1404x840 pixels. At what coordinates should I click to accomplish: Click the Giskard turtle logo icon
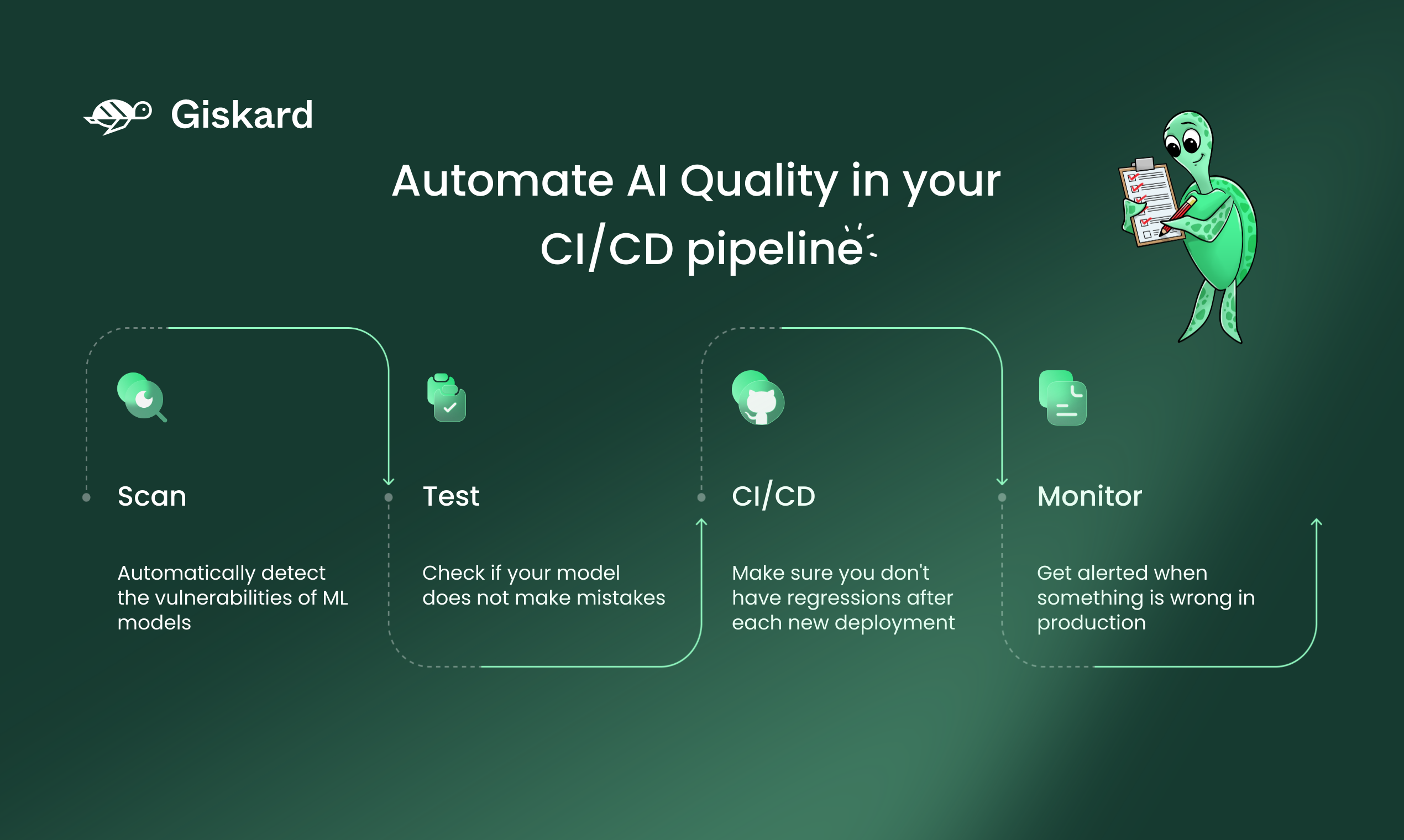(118, 117)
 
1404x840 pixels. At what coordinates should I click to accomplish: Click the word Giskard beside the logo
(242, 115)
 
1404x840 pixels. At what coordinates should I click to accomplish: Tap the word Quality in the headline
(759, 183)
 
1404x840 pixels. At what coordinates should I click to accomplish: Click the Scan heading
(151, 496)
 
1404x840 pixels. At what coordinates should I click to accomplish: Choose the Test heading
(451, 496)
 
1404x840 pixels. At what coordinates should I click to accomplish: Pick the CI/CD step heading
(773, 496)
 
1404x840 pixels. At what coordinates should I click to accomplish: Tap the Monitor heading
(1089, 496)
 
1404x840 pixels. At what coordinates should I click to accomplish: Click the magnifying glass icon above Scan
(142, 397)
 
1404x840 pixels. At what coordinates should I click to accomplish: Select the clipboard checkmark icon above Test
(447, 397)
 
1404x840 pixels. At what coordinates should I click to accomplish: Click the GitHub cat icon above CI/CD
(758, 398)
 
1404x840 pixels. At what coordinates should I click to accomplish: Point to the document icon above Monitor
(1062, 398)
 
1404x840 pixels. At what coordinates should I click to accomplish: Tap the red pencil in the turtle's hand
(1178, 216)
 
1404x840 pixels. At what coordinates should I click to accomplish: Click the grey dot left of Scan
(87, 497)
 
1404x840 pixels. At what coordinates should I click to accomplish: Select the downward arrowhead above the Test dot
(389, 481)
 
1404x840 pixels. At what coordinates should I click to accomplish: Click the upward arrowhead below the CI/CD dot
(701, 522)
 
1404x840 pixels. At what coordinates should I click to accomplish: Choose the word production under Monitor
(1092, 623)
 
